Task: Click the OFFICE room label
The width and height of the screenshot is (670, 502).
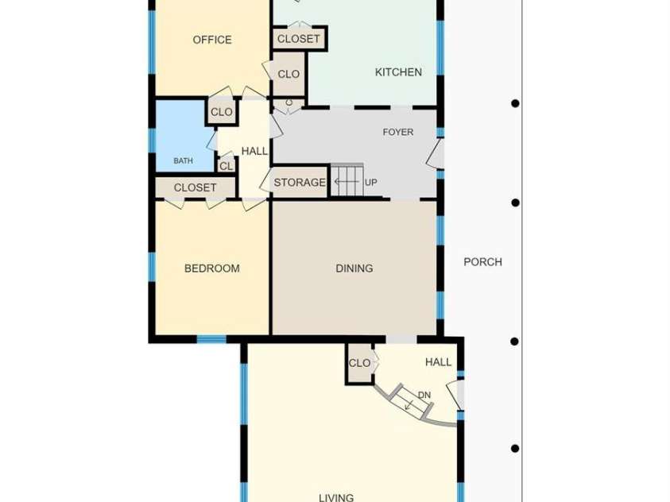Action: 212,40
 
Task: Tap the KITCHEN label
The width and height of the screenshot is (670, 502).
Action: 398,72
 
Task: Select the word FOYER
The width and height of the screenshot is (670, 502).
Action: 398,133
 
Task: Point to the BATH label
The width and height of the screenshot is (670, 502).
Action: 183,161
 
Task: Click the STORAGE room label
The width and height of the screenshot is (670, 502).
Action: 300,183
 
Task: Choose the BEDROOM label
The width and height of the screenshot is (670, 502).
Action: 212,268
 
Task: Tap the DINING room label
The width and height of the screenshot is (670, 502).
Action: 354,268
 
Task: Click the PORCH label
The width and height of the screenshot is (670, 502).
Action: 483,262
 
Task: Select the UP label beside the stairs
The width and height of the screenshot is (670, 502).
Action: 371,182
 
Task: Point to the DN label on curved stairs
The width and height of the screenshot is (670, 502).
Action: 424,396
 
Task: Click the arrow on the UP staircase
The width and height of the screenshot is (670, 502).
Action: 347,182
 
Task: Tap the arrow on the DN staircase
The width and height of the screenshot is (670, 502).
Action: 410,405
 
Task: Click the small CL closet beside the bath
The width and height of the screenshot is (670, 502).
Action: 226,166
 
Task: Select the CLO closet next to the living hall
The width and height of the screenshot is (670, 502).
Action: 359,363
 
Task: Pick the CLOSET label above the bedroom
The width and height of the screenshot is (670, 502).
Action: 195,187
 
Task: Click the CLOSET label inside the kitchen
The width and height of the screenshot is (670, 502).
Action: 298,39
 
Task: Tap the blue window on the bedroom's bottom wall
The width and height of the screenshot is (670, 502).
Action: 211,339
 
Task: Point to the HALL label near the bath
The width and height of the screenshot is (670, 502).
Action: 254,151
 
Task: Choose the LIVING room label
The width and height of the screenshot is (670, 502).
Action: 336,497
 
